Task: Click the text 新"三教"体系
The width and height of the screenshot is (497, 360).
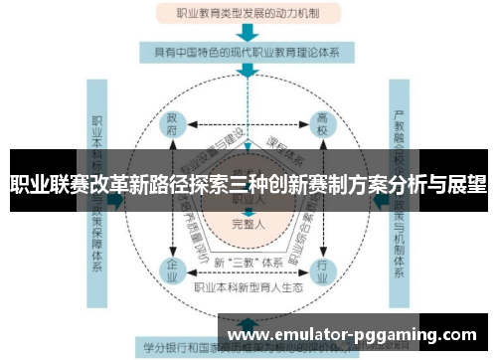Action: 248,262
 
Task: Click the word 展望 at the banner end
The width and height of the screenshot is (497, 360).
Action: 466,184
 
